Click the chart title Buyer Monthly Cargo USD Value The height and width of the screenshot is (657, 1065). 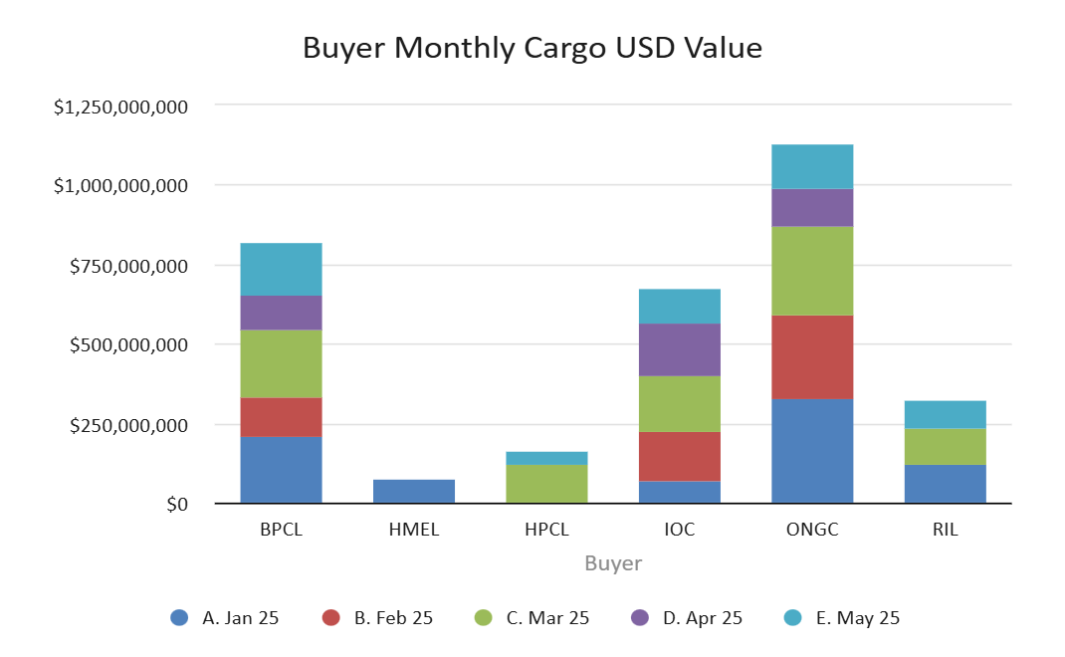532,48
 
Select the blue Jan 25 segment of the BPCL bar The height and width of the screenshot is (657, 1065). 281,470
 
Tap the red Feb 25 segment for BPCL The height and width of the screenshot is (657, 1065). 281,417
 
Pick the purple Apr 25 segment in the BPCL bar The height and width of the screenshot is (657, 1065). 281,313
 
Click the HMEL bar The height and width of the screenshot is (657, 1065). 414,492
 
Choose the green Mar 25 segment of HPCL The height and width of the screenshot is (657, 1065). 546,484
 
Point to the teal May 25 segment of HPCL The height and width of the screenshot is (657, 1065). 546,458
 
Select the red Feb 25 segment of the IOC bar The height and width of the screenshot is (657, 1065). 680,456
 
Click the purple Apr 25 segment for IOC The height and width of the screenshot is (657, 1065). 680,349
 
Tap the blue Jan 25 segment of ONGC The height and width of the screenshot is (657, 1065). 812,451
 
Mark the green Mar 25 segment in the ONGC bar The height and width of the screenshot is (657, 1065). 812,271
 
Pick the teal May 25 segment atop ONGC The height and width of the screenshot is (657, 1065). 812,166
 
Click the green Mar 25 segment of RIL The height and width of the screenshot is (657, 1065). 946,446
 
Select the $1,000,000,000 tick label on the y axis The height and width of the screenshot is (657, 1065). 120,186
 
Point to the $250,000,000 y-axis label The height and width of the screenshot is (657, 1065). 127,425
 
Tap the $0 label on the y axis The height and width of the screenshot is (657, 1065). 176,505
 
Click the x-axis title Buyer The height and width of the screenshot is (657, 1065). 613,564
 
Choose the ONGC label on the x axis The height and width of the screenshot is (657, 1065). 812,530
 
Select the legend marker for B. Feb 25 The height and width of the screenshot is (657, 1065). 330,618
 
